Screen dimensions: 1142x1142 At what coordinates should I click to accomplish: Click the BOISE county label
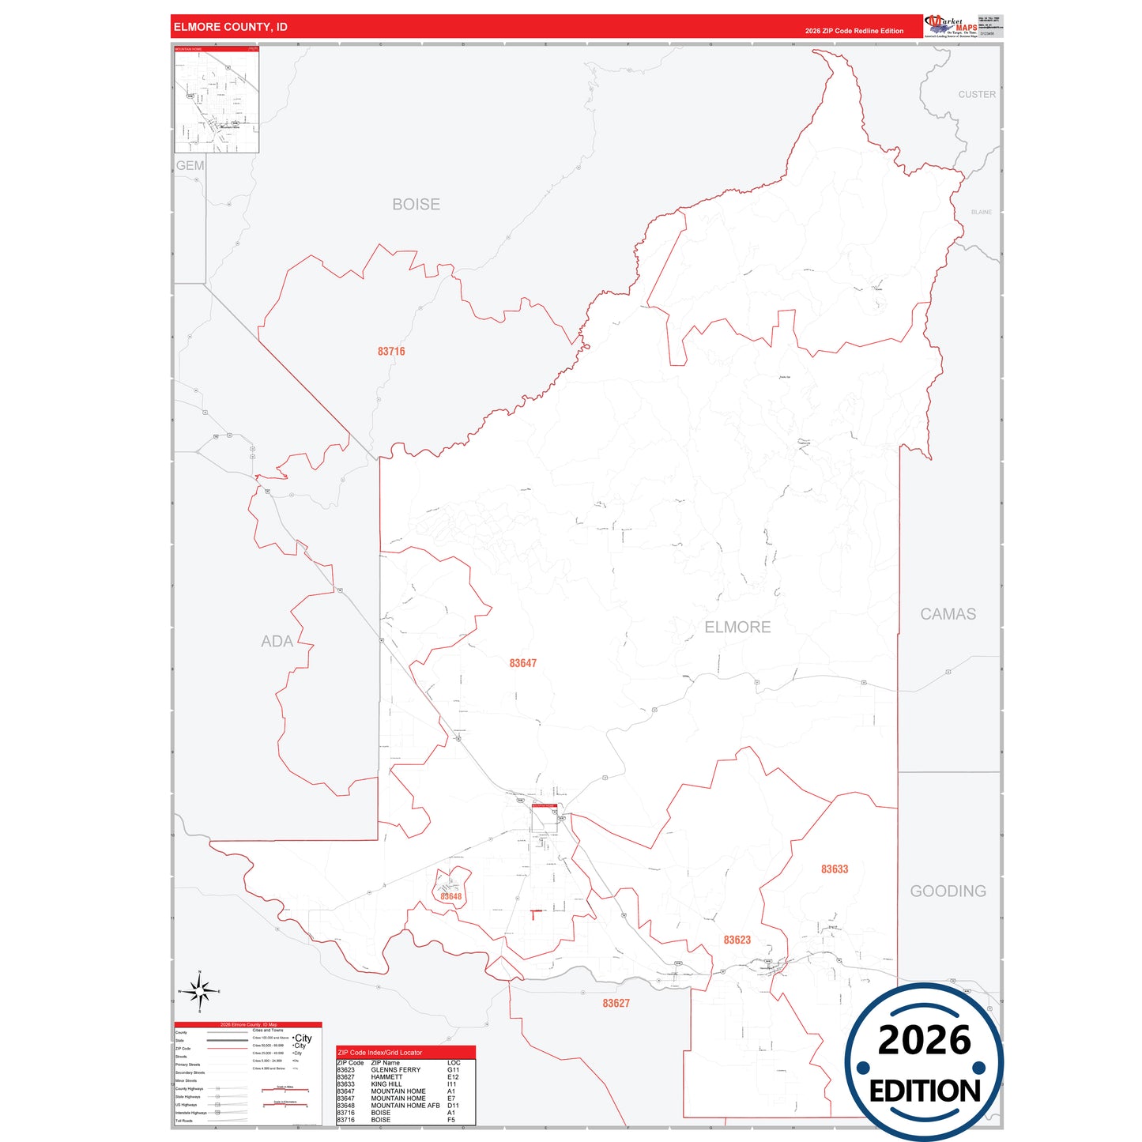(x=416, y=204)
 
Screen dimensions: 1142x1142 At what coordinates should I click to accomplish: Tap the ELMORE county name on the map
(x=737, y=627)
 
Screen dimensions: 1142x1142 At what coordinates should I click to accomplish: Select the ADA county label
(x=277, y=641)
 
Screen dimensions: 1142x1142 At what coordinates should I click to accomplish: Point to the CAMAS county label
(x=948, y=614)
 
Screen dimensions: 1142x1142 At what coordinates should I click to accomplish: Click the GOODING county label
(x=948, y=891)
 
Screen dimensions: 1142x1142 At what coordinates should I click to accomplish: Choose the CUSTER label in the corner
(x=977, y=94)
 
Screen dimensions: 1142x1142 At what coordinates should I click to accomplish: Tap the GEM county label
(x=190, y=165)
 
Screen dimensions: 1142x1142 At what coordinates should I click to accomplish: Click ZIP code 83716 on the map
(x=391, y=351)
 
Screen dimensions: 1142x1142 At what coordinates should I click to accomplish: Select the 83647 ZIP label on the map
(x=522, y=663)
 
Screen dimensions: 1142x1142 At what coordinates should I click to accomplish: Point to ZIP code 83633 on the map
(x=835, y=869)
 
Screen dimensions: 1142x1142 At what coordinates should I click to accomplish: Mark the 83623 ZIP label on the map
(x=737, y=940)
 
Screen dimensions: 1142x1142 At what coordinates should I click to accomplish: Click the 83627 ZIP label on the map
(x=616, y=1003)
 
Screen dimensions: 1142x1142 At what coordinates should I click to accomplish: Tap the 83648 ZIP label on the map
(x=450, y=896)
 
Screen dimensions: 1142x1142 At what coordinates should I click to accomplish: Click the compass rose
(x=200, y=990)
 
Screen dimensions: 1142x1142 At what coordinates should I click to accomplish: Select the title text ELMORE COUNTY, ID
(x=231, y=27)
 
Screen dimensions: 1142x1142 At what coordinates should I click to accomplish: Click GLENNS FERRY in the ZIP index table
(x=395, y=1070)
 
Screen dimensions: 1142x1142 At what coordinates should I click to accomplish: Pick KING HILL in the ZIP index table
(x=386, y=1084)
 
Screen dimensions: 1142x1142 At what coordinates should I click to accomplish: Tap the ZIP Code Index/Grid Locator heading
(x=379, y=1053)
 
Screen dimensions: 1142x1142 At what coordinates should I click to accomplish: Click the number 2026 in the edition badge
(x=924, y=1040)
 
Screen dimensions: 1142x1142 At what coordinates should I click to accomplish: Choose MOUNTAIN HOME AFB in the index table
(x=405, y=1106)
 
